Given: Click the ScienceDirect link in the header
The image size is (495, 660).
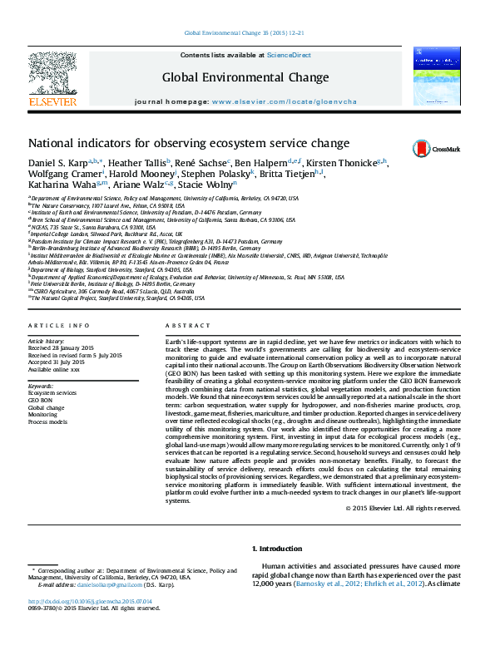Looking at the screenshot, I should coord(289,55).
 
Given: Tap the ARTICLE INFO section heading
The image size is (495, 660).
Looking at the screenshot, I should coord(59,326).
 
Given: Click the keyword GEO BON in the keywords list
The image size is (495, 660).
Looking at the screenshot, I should coord(41,401).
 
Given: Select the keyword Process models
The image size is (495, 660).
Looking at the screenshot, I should coord(48,422).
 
